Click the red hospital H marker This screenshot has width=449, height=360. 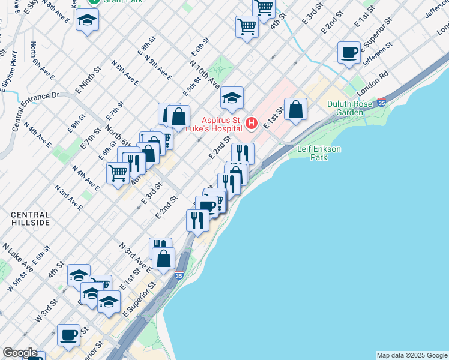[252, 124]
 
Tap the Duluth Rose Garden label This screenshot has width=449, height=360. [350, 108]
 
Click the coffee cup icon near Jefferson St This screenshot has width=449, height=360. [349, 53]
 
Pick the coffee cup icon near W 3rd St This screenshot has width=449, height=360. [68, 334]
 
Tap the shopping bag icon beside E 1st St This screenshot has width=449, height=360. [295, 110]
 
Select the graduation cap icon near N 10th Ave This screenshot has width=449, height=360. [232, 98]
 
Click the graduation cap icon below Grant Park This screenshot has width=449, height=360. [88, 20]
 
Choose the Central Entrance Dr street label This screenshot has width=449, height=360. [36, 111]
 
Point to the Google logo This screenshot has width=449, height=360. [20, 353]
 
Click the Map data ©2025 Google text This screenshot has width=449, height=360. [412, 355]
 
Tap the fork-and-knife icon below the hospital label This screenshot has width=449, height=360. [243, 152]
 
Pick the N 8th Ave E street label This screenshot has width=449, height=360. [125, 73]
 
